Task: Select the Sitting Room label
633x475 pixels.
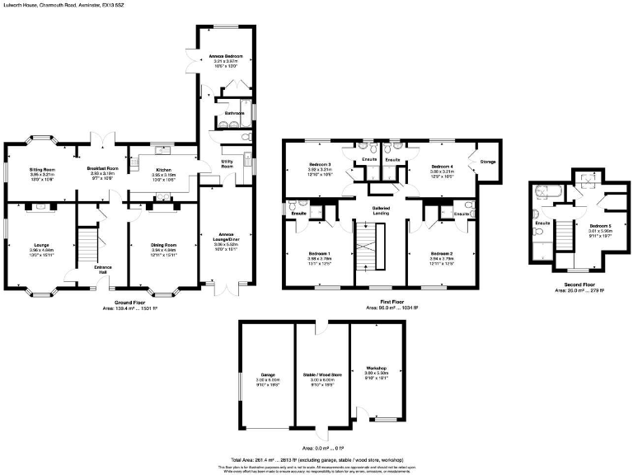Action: click(42, 167)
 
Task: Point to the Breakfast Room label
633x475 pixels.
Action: click(104, 168)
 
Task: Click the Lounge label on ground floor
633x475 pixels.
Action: click(41, 245)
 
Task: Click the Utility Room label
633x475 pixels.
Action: click(227, 164)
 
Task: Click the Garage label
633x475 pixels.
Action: click(268, 374)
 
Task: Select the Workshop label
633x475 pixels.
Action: click(377, 369)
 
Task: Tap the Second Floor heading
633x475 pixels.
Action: click(579, 285)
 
